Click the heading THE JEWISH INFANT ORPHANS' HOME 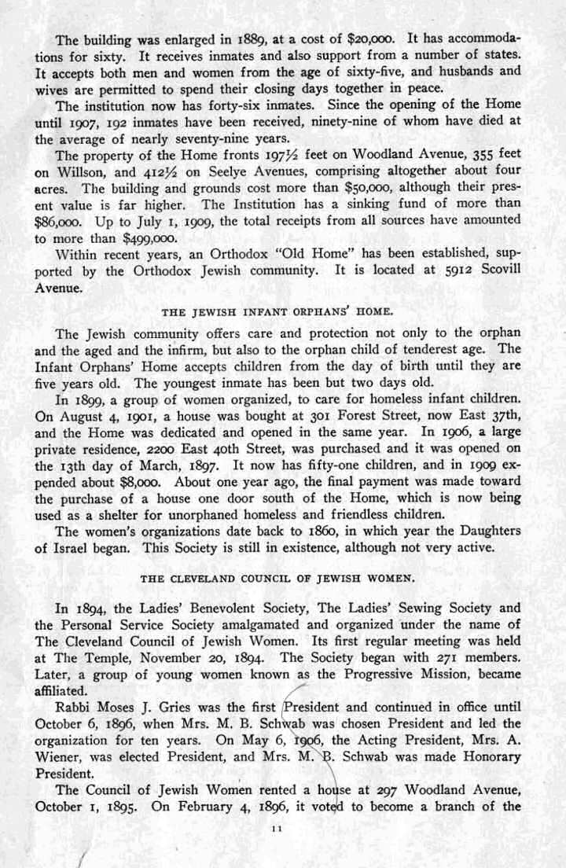coord(283,310)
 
